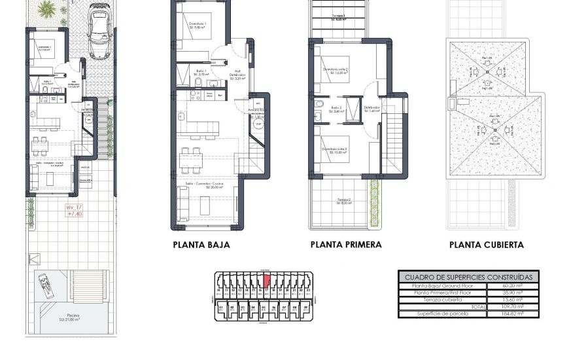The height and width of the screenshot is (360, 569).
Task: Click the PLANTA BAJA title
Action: click(201, 245)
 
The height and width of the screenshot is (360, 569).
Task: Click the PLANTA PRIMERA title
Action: click(346, 245)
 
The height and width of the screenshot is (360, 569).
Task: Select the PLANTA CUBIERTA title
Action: click(486, 245)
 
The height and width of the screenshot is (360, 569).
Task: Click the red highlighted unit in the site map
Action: click(267, 281)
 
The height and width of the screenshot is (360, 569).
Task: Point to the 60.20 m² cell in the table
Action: click(513, 286)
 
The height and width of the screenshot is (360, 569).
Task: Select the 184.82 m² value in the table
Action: click(513, 314)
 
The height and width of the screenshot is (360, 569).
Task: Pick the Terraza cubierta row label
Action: click(443, 300)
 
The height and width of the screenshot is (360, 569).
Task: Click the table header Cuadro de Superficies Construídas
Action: click(468, 277)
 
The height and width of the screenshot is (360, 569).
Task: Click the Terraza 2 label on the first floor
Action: click(345, 201)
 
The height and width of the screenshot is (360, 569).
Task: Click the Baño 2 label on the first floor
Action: click(336, 109)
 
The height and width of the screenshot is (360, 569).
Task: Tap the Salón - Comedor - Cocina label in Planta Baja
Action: click(205, 185)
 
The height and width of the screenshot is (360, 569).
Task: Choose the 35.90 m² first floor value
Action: click(513, 293)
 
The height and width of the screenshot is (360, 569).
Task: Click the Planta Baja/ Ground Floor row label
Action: click(443, 286)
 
